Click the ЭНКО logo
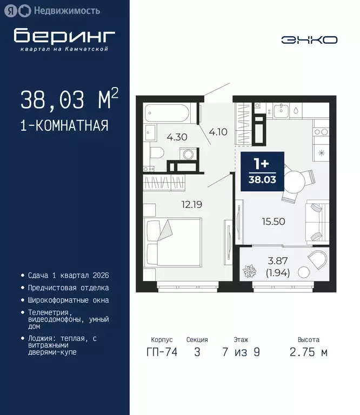(309, 39)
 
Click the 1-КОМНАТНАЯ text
(64, 126)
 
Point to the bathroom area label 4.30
(177, 137)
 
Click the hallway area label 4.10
(218, 131)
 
